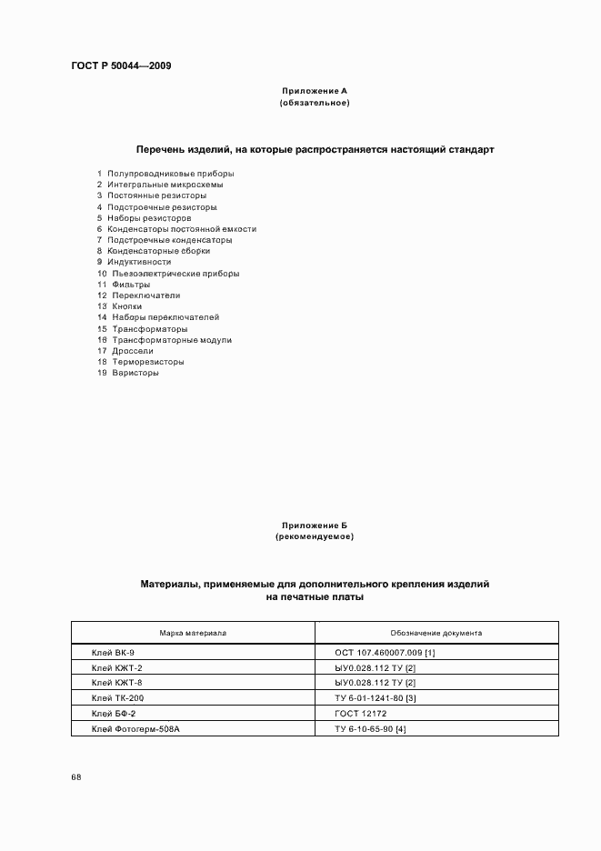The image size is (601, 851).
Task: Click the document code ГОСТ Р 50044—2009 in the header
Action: pyautogui.click(x=121, y=65)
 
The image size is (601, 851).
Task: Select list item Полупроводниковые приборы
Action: pyautogui.click(x=170, y=173)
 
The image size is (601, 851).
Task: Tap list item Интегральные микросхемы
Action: pyautogui.click(x=165, y=185)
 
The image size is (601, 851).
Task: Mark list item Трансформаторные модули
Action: pyautogui.click(x=171, y=339)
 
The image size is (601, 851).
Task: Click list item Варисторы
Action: pyautogui.click(x=135, y=373)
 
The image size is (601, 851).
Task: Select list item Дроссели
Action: pyautogui.click(x=133, y=350)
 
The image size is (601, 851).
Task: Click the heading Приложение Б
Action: pyautogui.click(x=314, y=526)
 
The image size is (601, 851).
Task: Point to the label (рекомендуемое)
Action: pyautogui.click(x=314, y=537)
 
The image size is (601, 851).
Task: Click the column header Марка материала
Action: pyautogui.click(x=193, y=633)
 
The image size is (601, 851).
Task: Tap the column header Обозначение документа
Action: pyautogui.click(x=436, y=633)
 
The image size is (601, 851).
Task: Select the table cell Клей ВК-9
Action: pyautogui.click(x=113, y=653)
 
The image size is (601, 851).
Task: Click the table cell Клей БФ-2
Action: pyautogui.click(x=113, y=715)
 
